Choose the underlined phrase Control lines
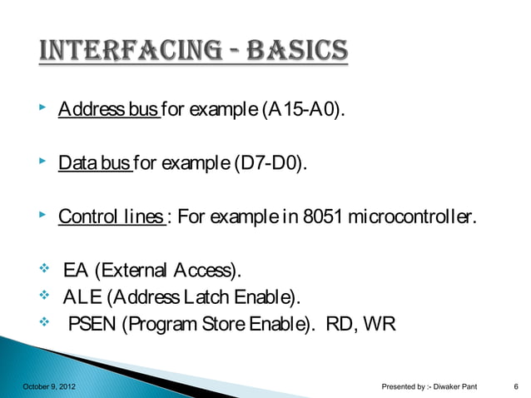click(111, 219)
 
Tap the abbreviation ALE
click(80, 297)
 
